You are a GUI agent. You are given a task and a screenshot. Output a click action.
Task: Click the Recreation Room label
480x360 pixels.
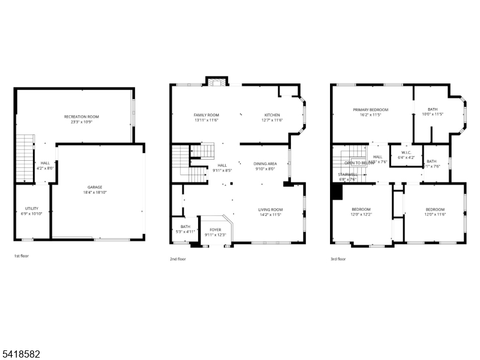(x=82, y=116)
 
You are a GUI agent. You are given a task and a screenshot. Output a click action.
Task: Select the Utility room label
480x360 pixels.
(x=31, y=208)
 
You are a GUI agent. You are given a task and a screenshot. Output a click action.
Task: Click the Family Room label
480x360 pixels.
(x=206, y=115)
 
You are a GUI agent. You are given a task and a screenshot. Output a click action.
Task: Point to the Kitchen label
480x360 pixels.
(x=272, y=115)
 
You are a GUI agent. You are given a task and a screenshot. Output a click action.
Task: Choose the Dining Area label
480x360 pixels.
(x=265, y=163)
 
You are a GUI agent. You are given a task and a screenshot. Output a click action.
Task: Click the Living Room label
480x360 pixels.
(x=271, y=209)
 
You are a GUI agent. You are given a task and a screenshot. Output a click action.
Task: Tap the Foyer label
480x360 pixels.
(x=215, y=229)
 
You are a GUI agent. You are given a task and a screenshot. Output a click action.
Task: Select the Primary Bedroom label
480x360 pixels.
(x=370, y=110)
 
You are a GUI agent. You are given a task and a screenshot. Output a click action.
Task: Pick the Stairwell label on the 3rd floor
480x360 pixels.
(x=348, y=175)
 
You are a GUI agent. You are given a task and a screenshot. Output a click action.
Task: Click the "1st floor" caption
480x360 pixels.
(x=21, y=256)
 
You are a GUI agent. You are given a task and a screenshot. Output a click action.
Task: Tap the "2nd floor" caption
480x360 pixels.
(x=178, y=259)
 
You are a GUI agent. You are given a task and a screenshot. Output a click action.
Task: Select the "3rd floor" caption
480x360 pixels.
(x=338, y=259)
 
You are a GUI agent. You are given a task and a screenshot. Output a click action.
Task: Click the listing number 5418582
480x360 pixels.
(x=20, y=355)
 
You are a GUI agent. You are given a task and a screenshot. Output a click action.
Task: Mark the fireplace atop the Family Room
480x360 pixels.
(x=214, y=82)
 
